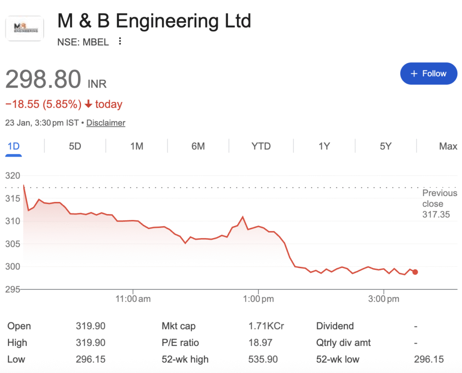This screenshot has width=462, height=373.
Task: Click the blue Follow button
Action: (x=428, y=74)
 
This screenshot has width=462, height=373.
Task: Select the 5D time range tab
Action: (x=75, y=146)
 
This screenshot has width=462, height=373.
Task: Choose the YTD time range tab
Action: (x=261, y=146)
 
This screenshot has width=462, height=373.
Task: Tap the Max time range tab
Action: (x=448, y=146)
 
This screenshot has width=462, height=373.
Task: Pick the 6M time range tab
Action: (x=198, y=146)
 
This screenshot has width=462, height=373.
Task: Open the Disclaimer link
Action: (x=106, y=123)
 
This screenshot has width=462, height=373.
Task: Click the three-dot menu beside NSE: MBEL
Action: (x=120, y=42)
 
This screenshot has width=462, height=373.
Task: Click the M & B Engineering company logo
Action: (x=24, y=28)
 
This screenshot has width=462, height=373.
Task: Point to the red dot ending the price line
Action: (x=415, y=272)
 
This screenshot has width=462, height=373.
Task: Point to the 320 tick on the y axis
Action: (x=12, y=176)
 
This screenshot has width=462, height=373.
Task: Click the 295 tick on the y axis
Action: (x=12, y=289)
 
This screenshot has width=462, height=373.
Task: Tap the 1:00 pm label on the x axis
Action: (x=258, y=298)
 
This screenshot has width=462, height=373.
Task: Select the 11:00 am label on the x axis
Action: (x=133, y=298)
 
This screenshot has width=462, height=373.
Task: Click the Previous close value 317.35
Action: (x=436, y=214)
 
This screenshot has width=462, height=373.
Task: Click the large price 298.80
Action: (x=43, y=79)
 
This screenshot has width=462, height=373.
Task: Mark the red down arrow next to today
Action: (x=88, y=104)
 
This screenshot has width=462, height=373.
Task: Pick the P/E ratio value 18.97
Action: (x=260, y=343)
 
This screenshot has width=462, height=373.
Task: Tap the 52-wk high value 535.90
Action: (x=263, y=359)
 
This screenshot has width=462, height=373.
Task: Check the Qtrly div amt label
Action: (x=343, y=343)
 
